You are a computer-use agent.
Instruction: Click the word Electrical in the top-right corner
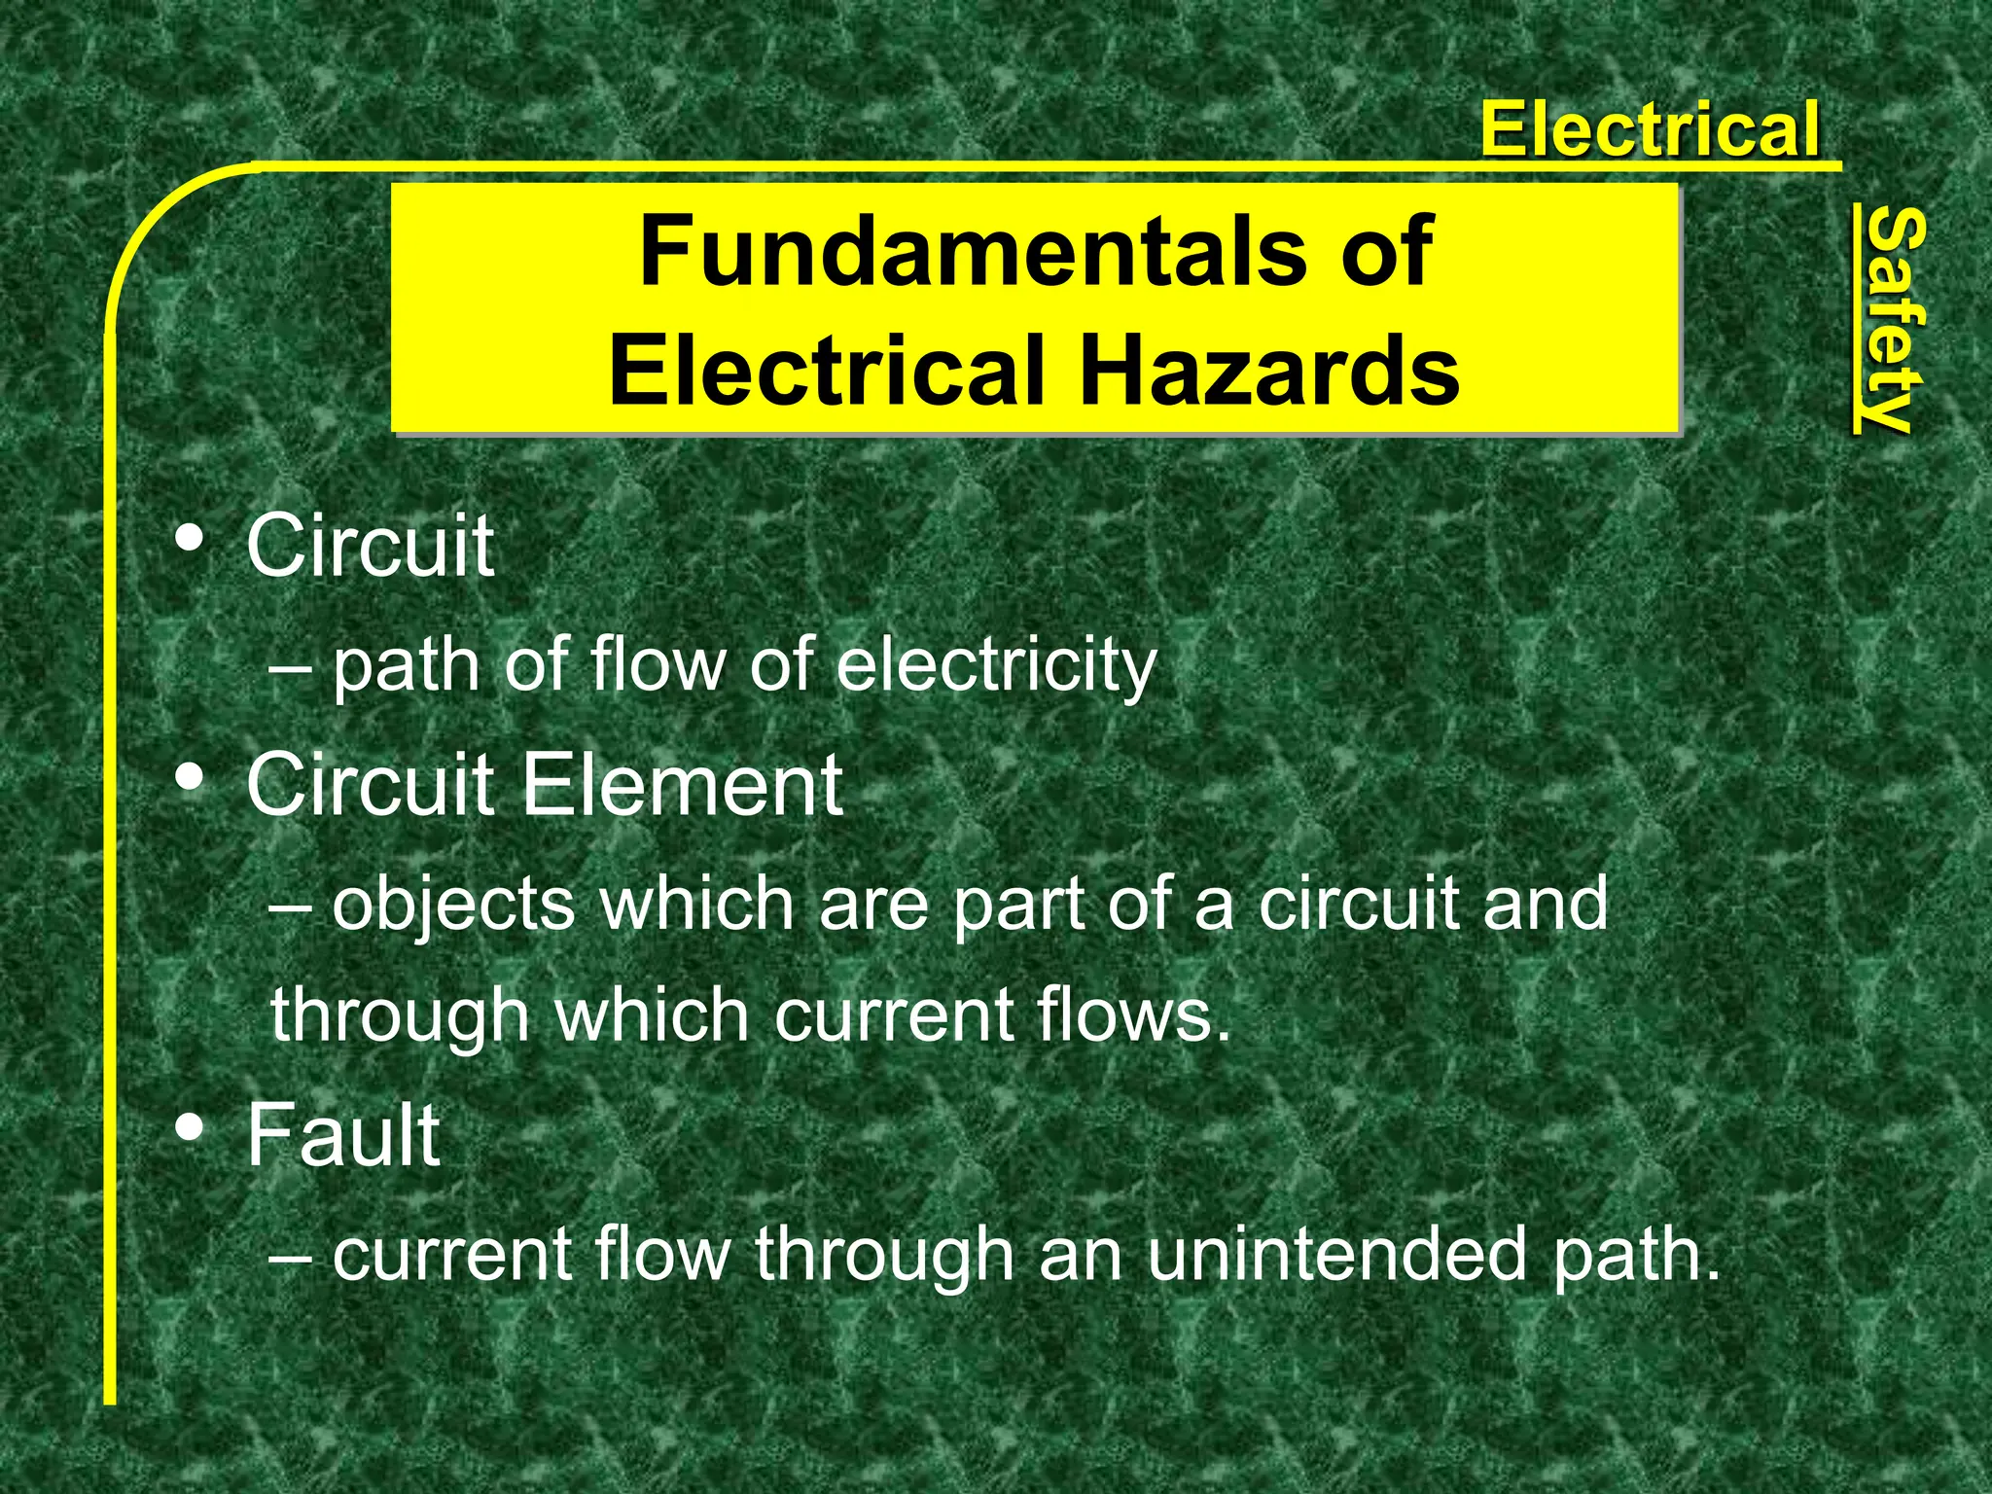[1650, 129]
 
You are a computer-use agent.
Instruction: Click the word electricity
[996, 666]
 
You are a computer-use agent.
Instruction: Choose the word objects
[454, 905]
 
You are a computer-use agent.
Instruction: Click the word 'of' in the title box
[1387, 251]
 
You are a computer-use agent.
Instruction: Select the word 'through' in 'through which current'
[400, 1015]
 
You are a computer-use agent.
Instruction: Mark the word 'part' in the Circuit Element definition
[1017, 905]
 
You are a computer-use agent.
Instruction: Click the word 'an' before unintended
[1079, 1254]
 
